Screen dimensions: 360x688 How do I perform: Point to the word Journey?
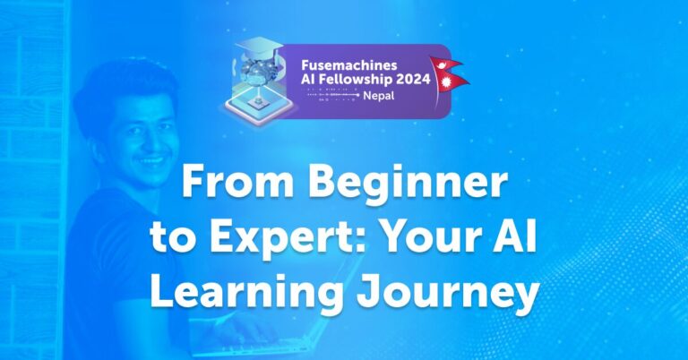pos(437,294)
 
